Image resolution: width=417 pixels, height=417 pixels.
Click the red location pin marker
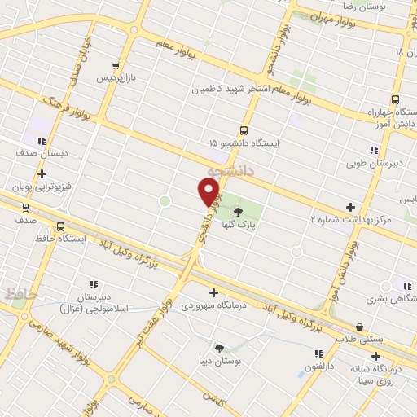[208, 192]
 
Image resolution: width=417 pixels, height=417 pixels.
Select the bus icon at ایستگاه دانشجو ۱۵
[244, 130]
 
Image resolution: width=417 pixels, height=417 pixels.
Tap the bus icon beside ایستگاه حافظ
[60, 226]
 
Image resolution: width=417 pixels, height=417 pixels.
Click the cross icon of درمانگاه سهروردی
[213, 292]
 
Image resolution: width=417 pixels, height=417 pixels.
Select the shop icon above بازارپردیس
[116, 66]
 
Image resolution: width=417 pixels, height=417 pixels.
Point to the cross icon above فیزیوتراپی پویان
[42, 173]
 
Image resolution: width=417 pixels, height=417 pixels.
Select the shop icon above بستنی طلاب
[359, 327]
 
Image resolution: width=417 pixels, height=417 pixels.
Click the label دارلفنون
[319, 367]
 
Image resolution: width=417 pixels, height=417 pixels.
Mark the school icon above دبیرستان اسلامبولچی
[94, 284]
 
